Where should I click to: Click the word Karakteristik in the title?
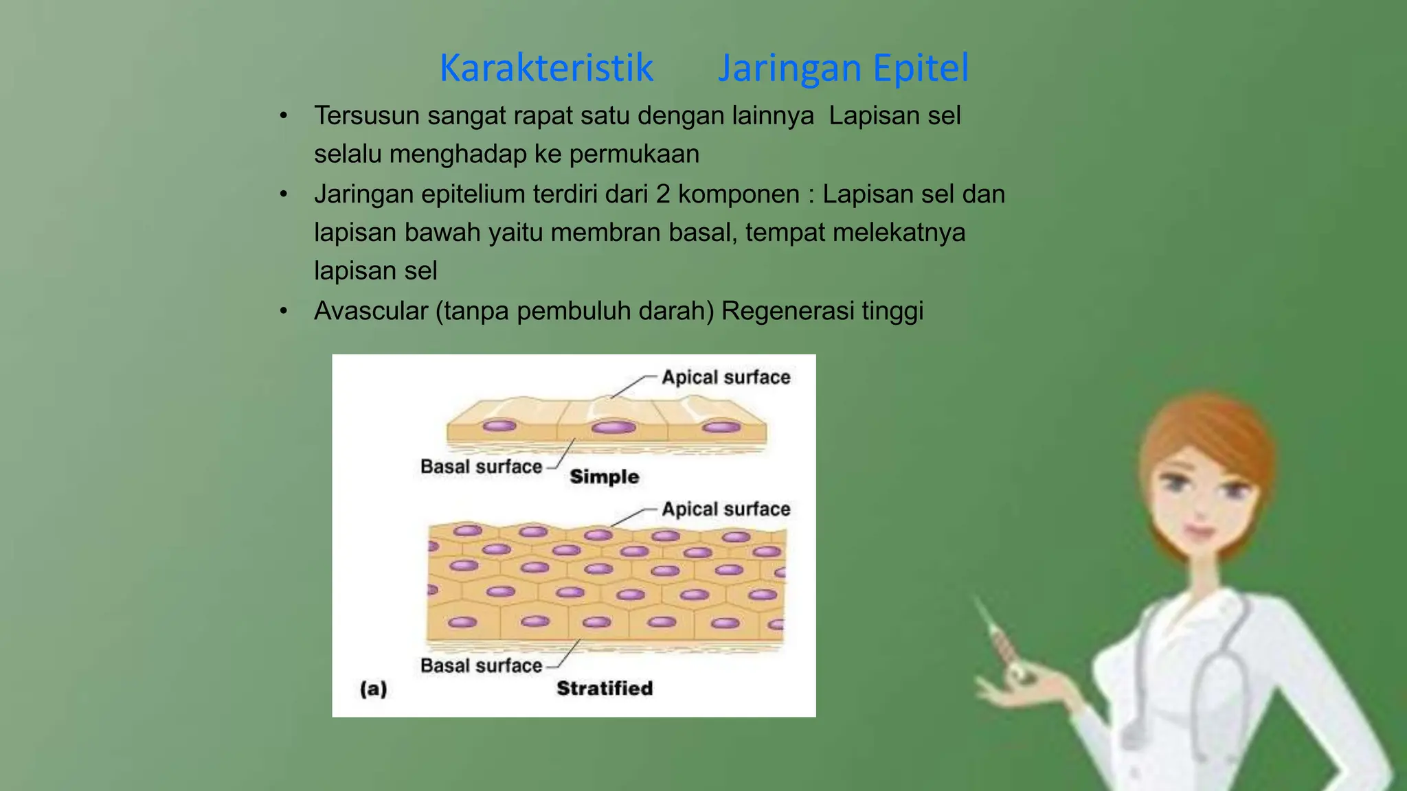546,68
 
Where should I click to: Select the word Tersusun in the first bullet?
366,116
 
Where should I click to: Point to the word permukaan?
634,154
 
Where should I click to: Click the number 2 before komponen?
662,194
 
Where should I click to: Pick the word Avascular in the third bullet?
371,311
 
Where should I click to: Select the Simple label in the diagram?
605,477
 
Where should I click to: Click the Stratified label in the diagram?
605,688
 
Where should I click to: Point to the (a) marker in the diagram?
374,688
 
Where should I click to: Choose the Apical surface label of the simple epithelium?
725,377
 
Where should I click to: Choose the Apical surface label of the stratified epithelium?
725,509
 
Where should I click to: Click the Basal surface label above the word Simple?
481,467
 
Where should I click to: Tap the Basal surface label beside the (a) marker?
481,665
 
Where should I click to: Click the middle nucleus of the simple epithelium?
614,428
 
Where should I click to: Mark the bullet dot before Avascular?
283,311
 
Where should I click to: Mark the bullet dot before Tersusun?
283,116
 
